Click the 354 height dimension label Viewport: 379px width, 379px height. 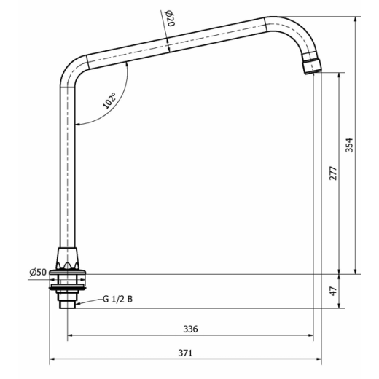pos(349,145)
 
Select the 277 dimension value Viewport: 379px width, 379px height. pos(333,173)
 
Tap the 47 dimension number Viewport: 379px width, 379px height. pos(333,291)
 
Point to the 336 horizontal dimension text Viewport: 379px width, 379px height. pos(190,329)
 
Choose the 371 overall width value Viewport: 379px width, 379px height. pos(185,353)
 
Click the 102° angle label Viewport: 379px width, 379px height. pos(109,101)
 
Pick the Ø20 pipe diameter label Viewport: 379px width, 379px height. pos(171,18)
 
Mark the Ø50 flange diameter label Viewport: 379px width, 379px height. pos(38,272)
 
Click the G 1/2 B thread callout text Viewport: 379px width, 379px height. pos(117,299)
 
